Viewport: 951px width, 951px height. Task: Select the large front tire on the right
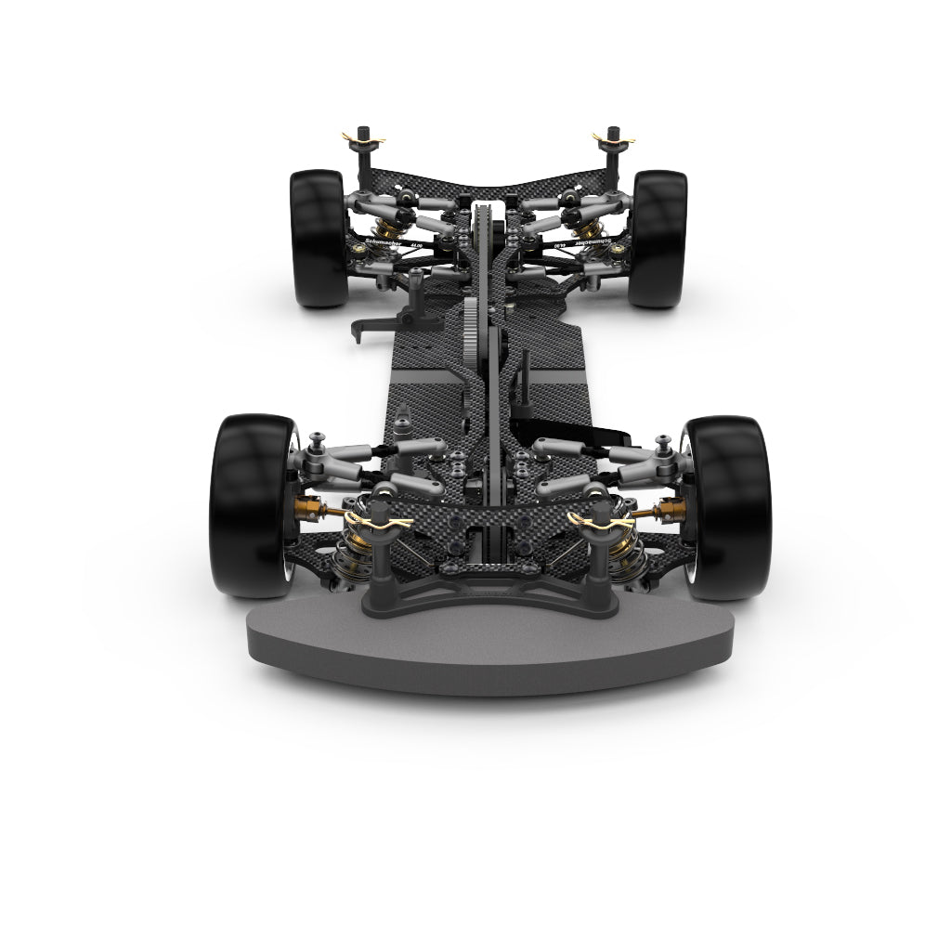[730, 506]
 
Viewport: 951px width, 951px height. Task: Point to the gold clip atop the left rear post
[363, 139]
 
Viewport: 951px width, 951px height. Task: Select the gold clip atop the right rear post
[613, 139]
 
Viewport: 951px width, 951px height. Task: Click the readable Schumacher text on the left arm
[384, 241]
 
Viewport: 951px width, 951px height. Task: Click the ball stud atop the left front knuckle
[318, 438]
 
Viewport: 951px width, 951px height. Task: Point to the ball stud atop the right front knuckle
[665, 439]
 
